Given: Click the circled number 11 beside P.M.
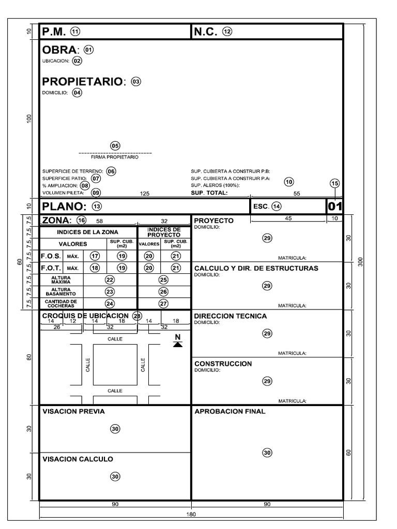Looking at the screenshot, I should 75,32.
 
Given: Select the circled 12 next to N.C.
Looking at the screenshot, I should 227,32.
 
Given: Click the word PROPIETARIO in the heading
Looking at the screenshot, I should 83,82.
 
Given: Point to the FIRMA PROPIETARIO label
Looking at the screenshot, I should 115,157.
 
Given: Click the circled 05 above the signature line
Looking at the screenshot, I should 115,146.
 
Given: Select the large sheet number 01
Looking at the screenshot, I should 335,206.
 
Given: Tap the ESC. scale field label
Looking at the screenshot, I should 261,206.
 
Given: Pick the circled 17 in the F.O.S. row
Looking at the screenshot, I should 95,256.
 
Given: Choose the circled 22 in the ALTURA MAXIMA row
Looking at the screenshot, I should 110,279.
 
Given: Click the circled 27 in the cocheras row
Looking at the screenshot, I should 164,304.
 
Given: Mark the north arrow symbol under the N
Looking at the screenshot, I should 178,345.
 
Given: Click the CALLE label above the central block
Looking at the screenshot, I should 115,339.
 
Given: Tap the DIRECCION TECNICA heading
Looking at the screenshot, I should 230,316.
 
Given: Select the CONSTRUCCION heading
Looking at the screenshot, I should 223,364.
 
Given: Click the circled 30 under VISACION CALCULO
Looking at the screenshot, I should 115,477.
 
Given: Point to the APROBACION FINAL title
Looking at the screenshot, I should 230,412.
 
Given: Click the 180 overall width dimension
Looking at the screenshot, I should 191,515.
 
